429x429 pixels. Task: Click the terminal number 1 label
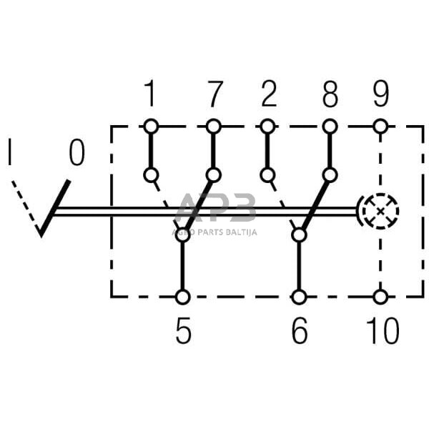pos(150,94)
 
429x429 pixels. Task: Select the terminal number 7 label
pos(213,94)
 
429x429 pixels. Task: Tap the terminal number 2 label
pos(268,94)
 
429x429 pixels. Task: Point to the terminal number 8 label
pos(330,94)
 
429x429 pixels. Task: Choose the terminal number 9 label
pos(380,94)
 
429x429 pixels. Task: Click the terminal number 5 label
pos(184,332)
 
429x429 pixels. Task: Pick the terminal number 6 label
pos(300,332)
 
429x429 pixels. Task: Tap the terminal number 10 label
pos(380,332)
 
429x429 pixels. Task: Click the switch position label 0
pos(77,152)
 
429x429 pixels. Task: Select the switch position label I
pos(10,152)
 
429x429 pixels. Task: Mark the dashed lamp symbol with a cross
pos(379,211)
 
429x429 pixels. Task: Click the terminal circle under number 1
pos(150,127)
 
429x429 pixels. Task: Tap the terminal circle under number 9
pos(380,127)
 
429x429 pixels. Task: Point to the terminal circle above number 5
pos(184,296)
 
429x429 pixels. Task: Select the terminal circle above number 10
pos(380,296)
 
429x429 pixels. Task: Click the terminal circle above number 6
pos(300,296)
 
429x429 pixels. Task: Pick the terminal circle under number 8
pos(330,127)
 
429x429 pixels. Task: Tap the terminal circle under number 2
pos(268,127)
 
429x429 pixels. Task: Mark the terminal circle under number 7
pos(213,127)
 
